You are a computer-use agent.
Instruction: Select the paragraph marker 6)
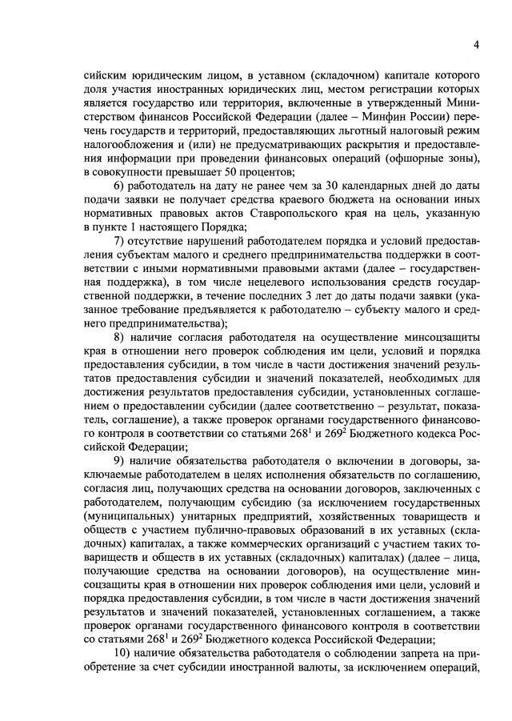[x=120, y=186]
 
